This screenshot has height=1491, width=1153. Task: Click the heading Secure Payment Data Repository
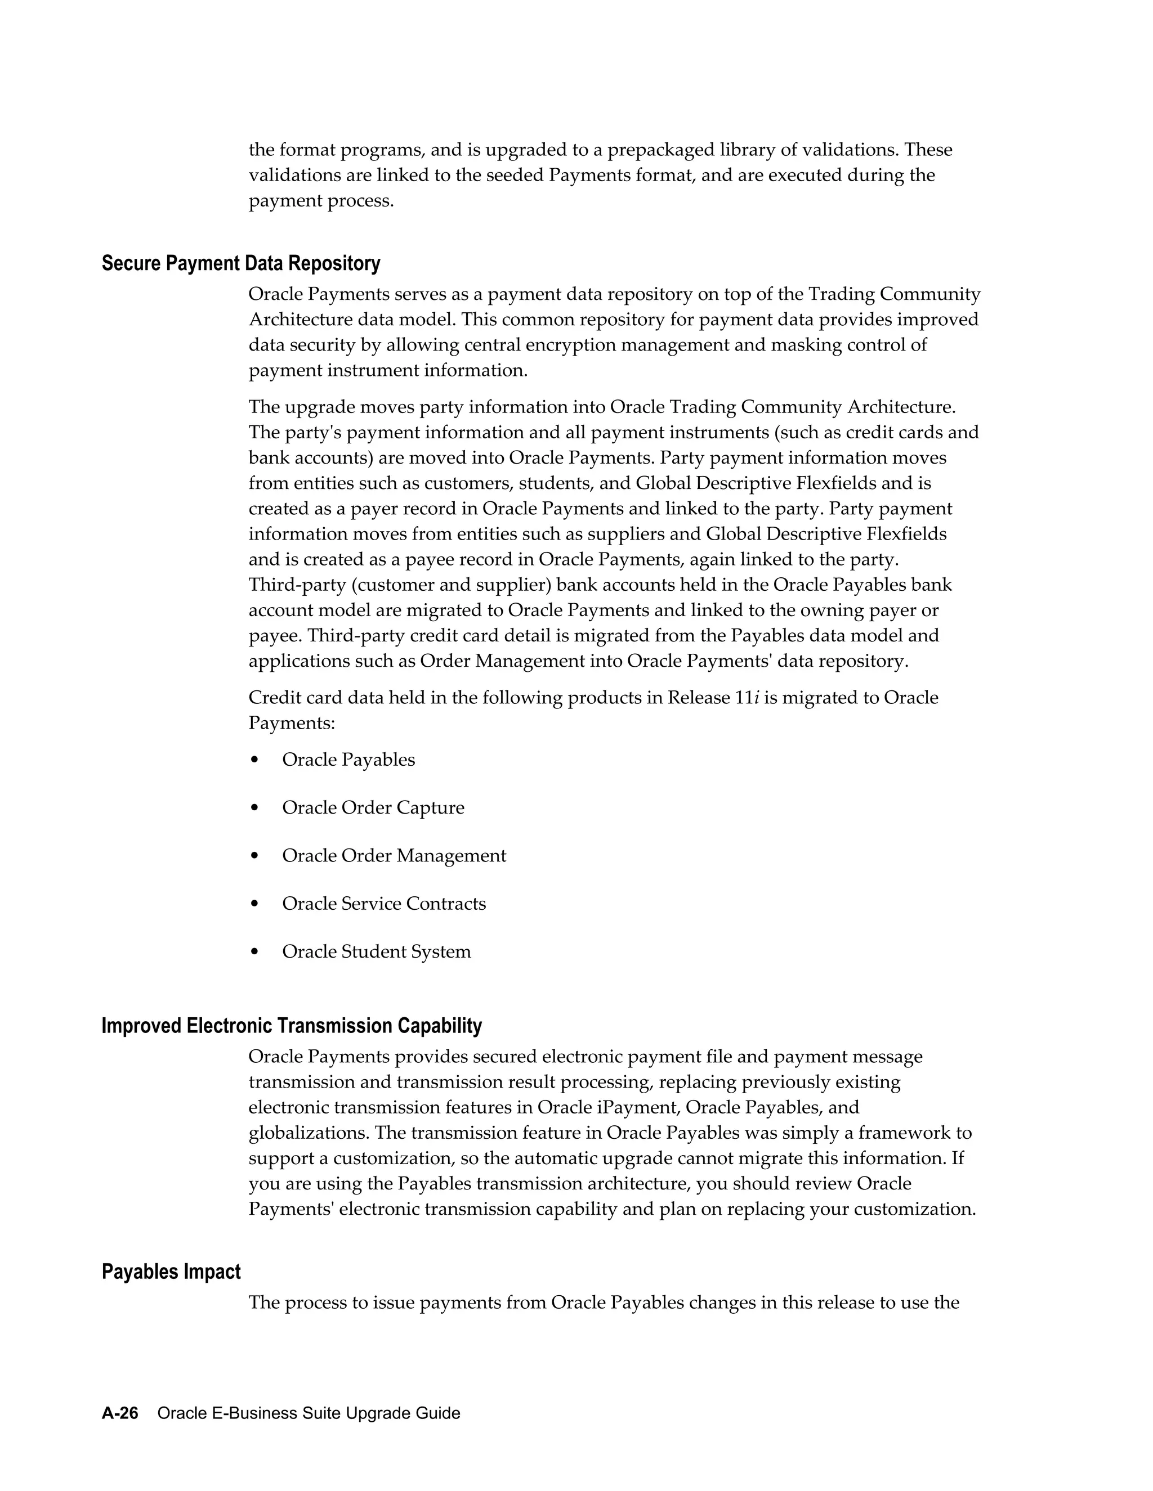tap(240, 263)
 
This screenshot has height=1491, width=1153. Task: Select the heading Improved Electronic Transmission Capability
tap(292, 1026)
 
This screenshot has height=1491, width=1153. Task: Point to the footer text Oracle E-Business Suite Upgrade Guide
tap(308, 1413)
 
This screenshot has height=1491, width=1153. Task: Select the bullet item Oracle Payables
tap(348, 760)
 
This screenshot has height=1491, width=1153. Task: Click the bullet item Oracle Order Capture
tap(373, 807)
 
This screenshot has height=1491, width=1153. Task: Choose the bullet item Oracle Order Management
tap(394, 855)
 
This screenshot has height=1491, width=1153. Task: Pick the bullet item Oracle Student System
tap(377, 951)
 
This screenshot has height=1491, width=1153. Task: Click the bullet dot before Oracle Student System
tap(255, 951)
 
